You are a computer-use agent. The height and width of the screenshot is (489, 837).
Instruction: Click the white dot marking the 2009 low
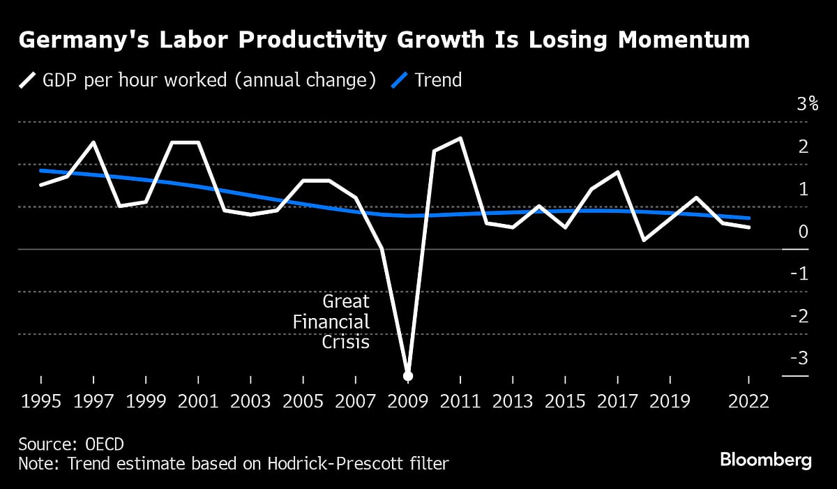pyautogui.click(x=408, y=376)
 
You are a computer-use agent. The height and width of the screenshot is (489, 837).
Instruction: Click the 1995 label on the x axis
pyautogui.click(x=41, y=403)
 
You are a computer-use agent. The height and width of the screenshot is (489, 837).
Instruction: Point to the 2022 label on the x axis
pyautogui.click(x=748, y=403)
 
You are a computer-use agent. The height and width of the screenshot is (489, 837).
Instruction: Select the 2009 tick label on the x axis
pyautogui.click(x=408, y=403)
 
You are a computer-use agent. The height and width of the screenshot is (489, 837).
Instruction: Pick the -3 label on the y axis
pyautogui.click(x=798, y=359)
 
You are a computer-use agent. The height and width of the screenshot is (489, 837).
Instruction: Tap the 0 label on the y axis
pyautogui.click(x=804, y=232)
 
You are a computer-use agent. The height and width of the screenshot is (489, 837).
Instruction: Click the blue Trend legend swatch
pyautogui.click(x=399, y=80)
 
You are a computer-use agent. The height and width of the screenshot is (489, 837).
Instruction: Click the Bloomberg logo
pyautogui.click(x=766, y=460)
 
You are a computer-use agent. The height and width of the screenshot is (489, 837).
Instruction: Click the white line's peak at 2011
pyautogui.click(x=460, y=138)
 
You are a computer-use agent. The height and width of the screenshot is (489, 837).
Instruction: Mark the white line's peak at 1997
pyautogui.click(x=93, y=142)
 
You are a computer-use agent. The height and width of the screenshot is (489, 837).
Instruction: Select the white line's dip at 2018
pyautogui.click(x=644, y=240)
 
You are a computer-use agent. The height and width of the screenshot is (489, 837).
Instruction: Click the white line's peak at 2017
pyautogui.click(x=618, y=172)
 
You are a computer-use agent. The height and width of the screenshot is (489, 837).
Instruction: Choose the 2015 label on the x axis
pyautogui.click(x=566, y=403)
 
